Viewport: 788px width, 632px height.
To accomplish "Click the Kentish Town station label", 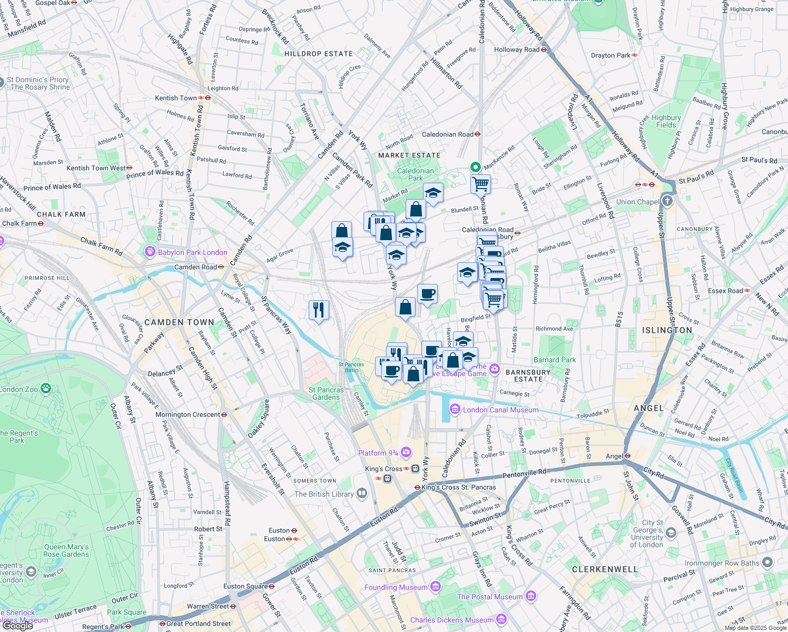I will (x=176, y=98).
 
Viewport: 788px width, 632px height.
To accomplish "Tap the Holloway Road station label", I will (x=517, y=50).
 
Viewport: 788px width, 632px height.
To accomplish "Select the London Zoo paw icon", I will (x=46, y=389).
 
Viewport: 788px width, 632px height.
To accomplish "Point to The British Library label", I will (x=324, y=494).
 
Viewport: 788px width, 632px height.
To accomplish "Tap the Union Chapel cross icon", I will (x=667, y=201).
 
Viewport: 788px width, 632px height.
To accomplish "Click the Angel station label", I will (x=614, y=456).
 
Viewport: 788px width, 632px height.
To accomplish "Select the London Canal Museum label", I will (x=500, y=410).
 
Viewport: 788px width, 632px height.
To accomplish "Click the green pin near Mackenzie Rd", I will (x=475, y=167).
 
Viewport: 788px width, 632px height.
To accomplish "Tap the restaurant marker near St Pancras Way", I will (x=319, y=309).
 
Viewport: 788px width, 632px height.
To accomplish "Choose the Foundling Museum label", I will (x=396, y=587).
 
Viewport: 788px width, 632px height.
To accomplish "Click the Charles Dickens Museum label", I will (x=452, y=620).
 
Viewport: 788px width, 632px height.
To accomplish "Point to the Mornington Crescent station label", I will (x=188, y=414).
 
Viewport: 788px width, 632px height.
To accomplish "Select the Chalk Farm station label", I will (x=19, y=223).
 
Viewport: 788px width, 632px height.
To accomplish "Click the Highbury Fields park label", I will (x=666, y=121).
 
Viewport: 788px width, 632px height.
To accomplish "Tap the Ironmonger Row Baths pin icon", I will (x=767, y=562).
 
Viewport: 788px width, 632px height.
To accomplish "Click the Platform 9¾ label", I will (x=378, y=453).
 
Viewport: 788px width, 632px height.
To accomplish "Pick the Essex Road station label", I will (x=725, y=291).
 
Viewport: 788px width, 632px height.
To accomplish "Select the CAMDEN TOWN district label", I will (x=179, y=322).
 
